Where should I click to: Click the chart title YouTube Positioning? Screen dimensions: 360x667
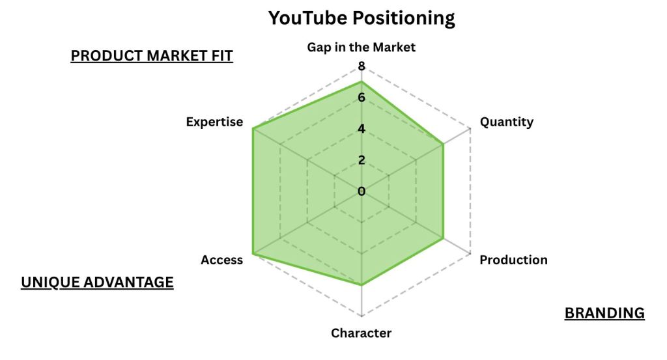coord(362,18)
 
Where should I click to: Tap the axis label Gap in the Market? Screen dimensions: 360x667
coord(361,47)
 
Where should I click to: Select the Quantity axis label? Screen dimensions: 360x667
coord(506,122)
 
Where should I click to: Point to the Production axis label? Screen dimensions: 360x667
coord(513,260)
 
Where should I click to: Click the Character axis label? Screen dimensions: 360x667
coord(361,333)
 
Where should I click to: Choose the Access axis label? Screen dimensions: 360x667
coord(221,260)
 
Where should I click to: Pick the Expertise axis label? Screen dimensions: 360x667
coord(214,122)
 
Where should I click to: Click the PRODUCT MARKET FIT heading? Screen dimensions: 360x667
coord(152,56)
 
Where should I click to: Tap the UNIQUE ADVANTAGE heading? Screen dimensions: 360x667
coord(97,282)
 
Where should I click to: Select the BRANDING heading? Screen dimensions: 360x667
coord(604,313)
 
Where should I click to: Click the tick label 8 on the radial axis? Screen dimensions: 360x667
coord(362,66)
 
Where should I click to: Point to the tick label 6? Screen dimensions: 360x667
coord(362,98)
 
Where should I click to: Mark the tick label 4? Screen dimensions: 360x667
coord(362,129)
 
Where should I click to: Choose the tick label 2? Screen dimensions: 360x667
coord(362,160)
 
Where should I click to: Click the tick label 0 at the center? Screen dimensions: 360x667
coord(362,191)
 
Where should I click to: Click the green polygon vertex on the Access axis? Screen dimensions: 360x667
coord(253,254)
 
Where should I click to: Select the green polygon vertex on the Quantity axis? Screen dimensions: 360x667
coord(443,145)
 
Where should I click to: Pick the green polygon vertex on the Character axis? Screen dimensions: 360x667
coord(362,284)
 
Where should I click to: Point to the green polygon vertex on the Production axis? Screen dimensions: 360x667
coord(443,238)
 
